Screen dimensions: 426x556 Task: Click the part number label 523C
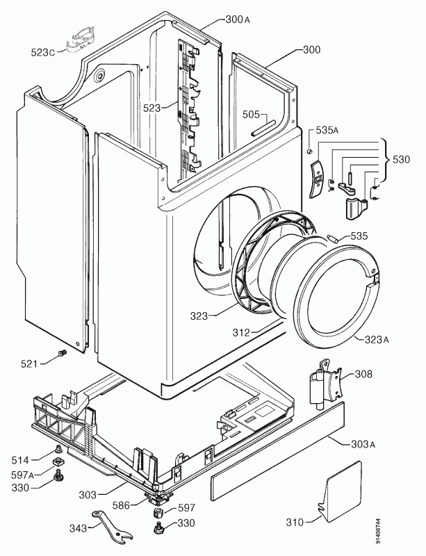tap(43, 53)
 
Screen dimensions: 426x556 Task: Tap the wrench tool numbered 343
tap(112, 526)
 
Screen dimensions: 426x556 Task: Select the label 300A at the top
tap(238, 19)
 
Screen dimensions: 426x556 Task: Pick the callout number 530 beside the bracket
tap(401, 159)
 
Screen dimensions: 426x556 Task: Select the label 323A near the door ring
tap(377, 339)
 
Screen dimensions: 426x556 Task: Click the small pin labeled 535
tap(333, 238)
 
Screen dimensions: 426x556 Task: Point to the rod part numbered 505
tap(263, 127)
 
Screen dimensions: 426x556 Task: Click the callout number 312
tap(242, 332)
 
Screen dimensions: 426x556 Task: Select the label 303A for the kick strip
tap(363, 443)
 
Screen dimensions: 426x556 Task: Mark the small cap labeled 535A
tap(309, 152)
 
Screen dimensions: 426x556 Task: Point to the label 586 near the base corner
tap(120, 505)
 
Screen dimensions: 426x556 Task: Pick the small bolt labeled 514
tap(57, 450)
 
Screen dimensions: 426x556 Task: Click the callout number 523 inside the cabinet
tap(152, 108)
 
